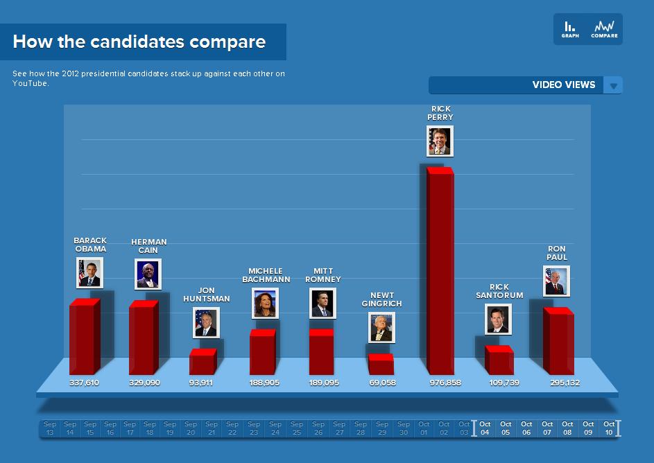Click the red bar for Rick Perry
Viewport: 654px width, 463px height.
439,270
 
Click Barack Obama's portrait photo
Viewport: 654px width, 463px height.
89,272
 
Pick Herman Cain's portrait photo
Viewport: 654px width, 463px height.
148,274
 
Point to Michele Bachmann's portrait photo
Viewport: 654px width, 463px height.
265,303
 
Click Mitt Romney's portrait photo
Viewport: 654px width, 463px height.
322,303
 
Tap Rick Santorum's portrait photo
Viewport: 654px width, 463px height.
497,319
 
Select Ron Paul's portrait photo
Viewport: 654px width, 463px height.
556,280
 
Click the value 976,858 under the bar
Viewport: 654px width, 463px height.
445,383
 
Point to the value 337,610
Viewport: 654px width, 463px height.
85,383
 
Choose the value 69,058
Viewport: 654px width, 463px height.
382,383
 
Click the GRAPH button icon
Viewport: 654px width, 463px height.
569,28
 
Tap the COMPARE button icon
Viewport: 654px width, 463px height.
604,28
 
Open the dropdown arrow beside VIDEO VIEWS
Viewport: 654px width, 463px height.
613,85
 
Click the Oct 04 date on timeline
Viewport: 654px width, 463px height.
485,428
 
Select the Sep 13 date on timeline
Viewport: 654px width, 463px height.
50,428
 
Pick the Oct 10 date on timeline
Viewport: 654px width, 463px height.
609,428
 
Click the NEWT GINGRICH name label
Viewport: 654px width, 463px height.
381,299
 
